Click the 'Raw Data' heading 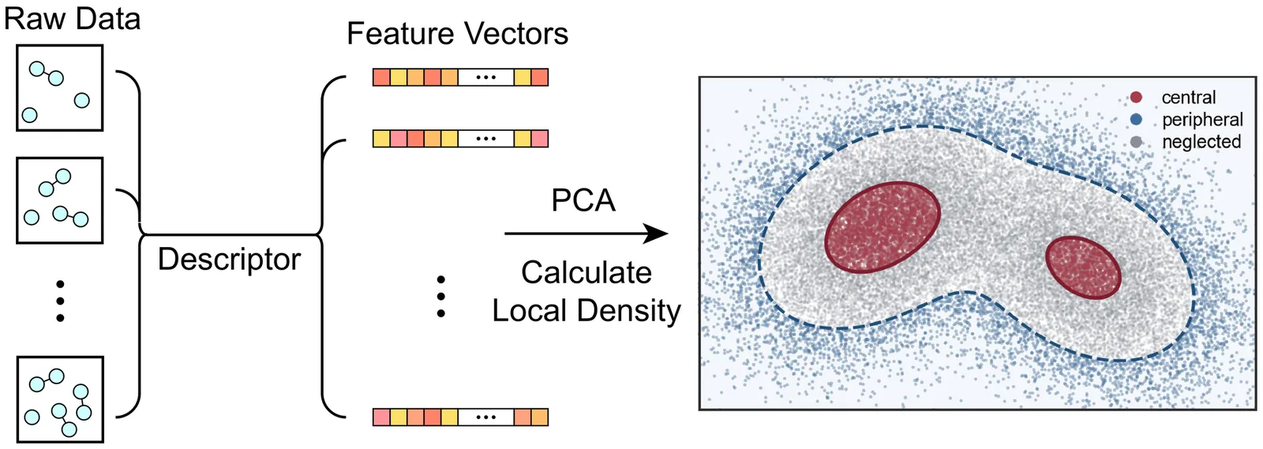coord(72,19)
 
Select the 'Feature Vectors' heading coord(457,34)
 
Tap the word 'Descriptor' coord(229,260)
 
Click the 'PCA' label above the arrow coord(583,200)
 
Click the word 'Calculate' coord(587,273)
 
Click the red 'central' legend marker coord(1136,98)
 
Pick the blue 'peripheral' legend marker coord(1136,119)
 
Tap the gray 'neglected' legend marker coord(1136,141)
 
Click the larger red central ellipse coord(883,227)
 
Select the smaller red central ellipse coord(1083,267)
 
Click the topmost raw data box coord(60,88)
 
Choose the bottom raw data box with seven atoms coord(60,399)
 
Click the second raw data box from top coord(60,200)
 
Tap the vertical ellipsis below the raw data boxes coord(60,301)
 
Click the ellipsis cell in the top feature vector coord(485,77)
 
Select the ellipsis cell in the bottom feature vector coord(485,417)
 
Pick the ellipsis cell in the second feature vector coord(485,139)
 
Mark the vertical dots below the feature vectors coord(441,297)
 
